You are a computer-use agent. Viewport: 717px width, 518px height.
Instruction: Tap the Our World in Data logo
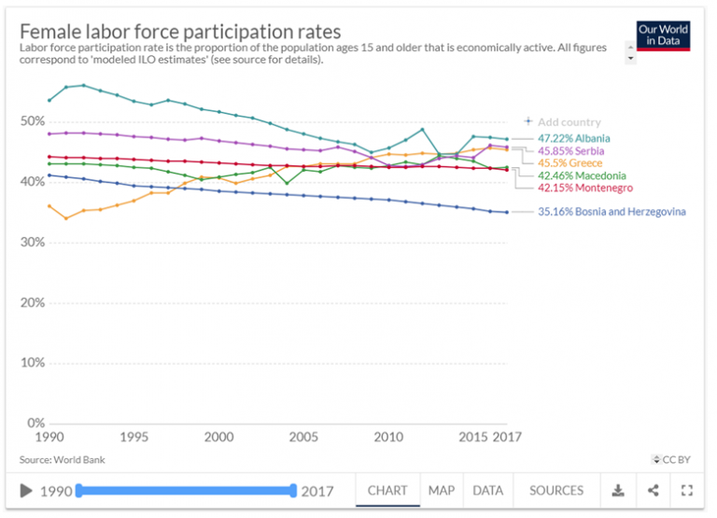click(x=662, y=35)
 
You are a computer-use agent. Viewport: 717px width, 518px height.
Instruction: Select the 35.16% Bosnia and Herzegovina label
click(x=612, y=212)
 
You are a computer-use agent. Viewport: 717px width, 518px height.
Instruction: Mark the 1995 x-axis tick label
click(x=134, y=437)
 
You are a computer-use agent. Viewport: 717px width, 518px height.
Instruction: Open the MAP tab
click(x=442, y=490)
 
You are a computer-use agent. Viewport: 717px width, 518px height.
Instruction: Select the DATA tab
click(x=487, y=490)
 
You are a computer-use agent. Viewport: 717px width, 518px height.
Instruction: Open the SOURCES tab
click(x=556, y=490)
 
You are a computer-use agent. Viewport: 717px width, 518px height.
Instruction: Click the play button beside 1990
click(x=26, y=491)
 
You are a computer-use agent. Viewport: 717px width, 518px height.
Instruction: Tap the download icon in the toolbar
click(x=617, y=490)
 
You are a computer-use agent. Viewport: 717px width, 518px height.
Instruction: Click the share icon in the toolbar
click(x=653, y=490)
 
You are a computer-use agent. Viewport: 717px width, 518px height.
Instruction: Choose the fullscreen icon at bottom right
click(x=687, y=490)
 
